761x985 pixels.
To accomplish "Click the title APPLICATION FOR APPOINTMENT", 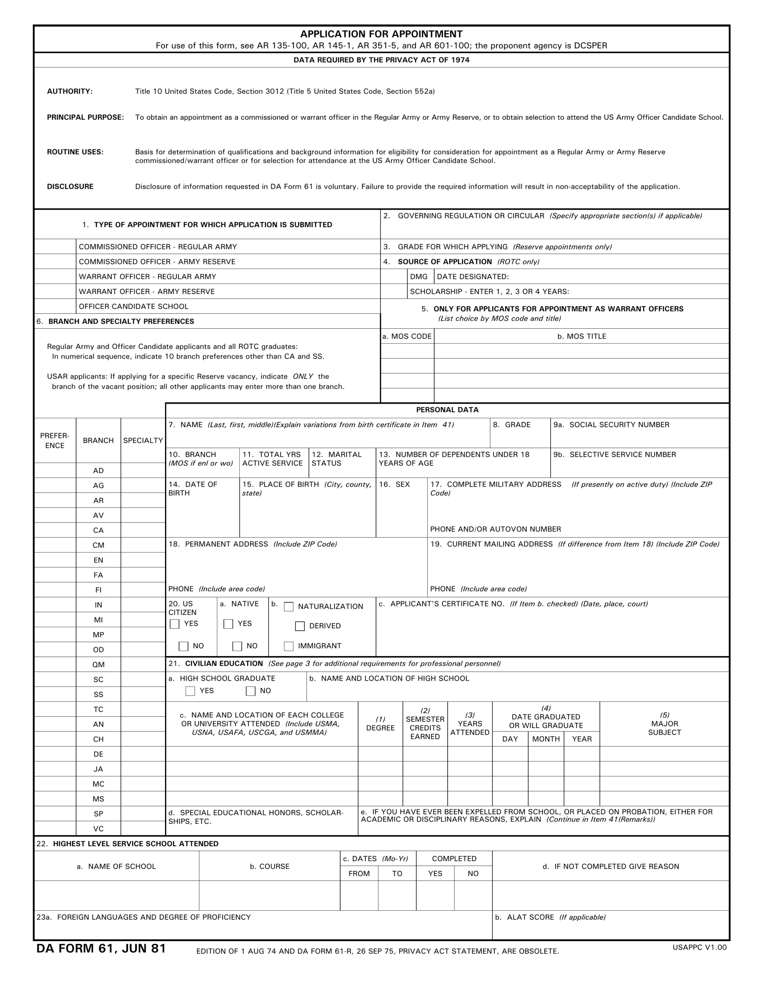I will tap(381, 34).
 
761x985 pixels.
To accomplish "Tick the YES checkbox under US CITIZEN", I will tap(175, 624).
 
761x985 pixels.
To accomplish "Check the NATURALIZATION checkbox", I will tap(289, 607).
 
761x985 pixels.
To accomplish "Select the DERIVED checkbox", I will tap(300, 626).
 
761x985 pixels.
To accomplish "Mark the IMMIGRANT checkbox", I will tap(289, 646).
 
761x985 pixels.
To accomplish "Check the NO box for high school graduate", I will tap(251, 691).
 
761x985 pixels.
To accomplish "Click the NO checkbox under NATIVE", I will tap(237, 646).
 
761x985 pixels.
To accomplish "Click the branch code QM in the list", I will tap(98, 665).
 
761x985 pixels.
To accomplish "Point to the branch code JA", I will tap(98, 769).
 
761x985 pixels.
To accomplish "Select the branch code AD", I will tap(98, 471).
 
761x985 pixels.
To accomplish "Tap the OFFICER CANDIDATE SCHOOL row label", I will tap(134, 307).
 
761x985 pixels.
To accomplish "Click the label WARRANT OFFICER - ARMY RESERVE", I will tap(147, 292).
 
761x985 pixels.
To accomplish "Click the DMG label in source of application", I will tap(419, 277).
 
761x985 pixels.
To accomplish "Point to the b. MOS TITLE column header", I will tap(581, 336).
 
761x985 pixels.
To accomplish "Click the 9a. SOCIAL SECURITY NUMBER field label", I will tap(611, 425).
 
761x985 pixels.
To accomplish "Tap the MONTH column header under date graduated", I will tap(546, 739).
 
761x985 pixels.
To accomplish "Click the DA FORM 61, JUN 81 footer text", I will tap(101, 948).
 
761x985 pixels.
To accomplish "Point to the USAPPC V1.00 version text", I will tap(699, 947).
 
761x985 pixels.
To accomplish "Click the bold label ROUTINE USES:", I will tap(75, 152).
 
